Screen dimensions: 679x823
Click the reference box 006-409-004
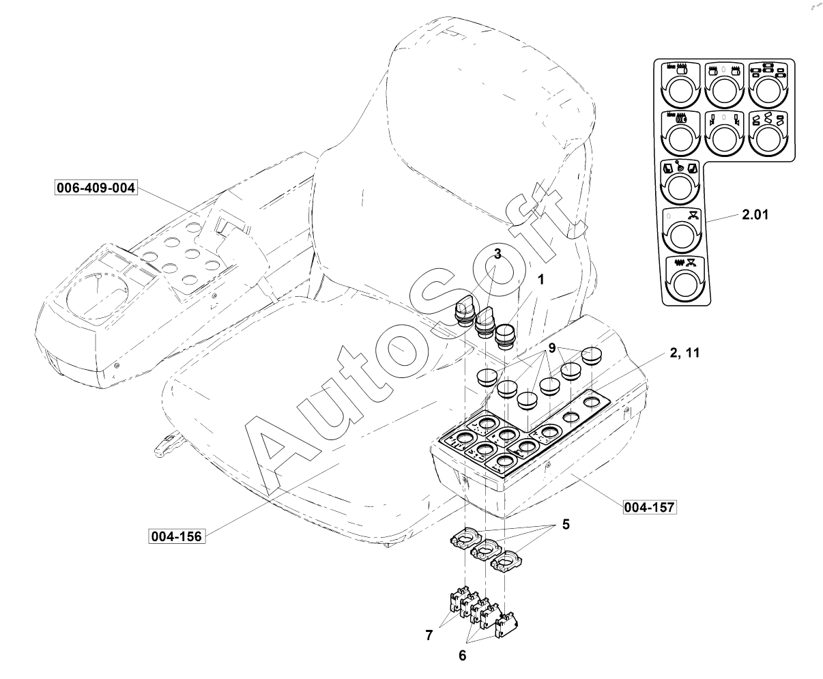tap(96, 187)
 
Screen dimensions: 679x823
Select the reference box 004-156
tap(177, 536)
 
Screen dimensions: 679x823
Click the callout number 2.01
tap(755, 216)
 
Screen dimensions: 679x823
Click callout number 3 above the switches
tap(498, 254)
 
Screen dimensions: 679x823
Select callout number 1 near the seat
tap(540, 280)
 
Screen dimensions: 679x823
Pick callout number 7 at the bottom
tap(429, 635)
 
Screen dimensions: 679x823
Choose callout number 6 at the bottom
tap(462, 655)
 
